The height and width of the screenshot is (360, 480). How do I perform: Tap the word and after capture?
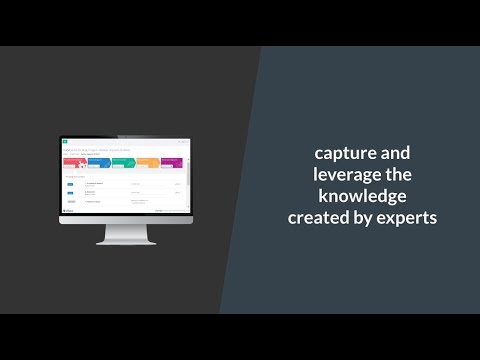(x=391, y=154)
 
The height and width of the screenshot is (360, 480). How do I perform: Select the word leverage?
(x=342, y=175)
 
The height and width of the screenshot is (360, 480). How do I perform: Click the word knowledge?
(x=363, y=196)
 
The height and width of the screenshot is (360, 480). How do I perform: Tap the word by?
(x=365, y=217)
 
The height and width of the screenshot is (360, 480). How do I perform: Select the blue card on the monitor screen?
(x=99, y=163)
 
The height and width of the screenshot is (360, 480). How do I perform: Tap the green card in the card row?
(x=122, y=163)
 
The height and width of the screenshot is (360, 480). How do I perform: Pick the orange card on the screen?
(x=146, y=163)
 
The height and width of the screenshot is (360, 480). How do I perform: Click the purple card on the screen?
(x=170, y=163)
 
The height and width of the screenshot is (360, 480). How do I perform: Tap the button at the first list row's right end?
(x=178, y=184)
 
